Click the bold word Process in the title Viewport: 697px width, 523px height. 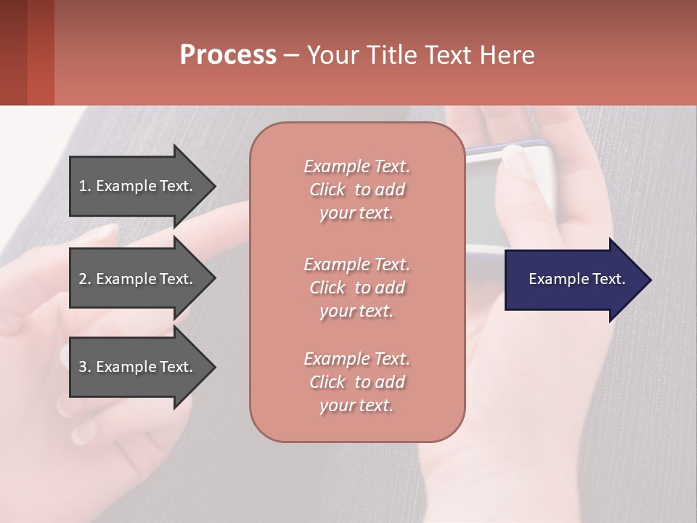pos(228,54)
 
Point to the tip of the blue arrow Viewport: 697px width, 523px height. pos(649,279)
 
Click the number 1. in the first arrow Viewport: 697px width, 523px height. pos(85,186)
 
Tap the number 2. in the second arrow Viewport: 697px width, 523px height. pos(85,279)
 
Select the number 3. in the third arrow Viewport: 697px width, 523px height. pos(85,367)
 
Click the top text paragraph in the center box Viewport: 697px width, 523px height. pos(356,190)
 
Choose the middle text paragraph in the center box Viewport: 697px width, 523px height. pos(356,287)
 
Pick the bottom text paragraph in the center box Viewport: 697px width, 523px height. pos(356,382)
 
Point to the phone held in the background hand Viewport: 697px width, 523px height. pos(508,196)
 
